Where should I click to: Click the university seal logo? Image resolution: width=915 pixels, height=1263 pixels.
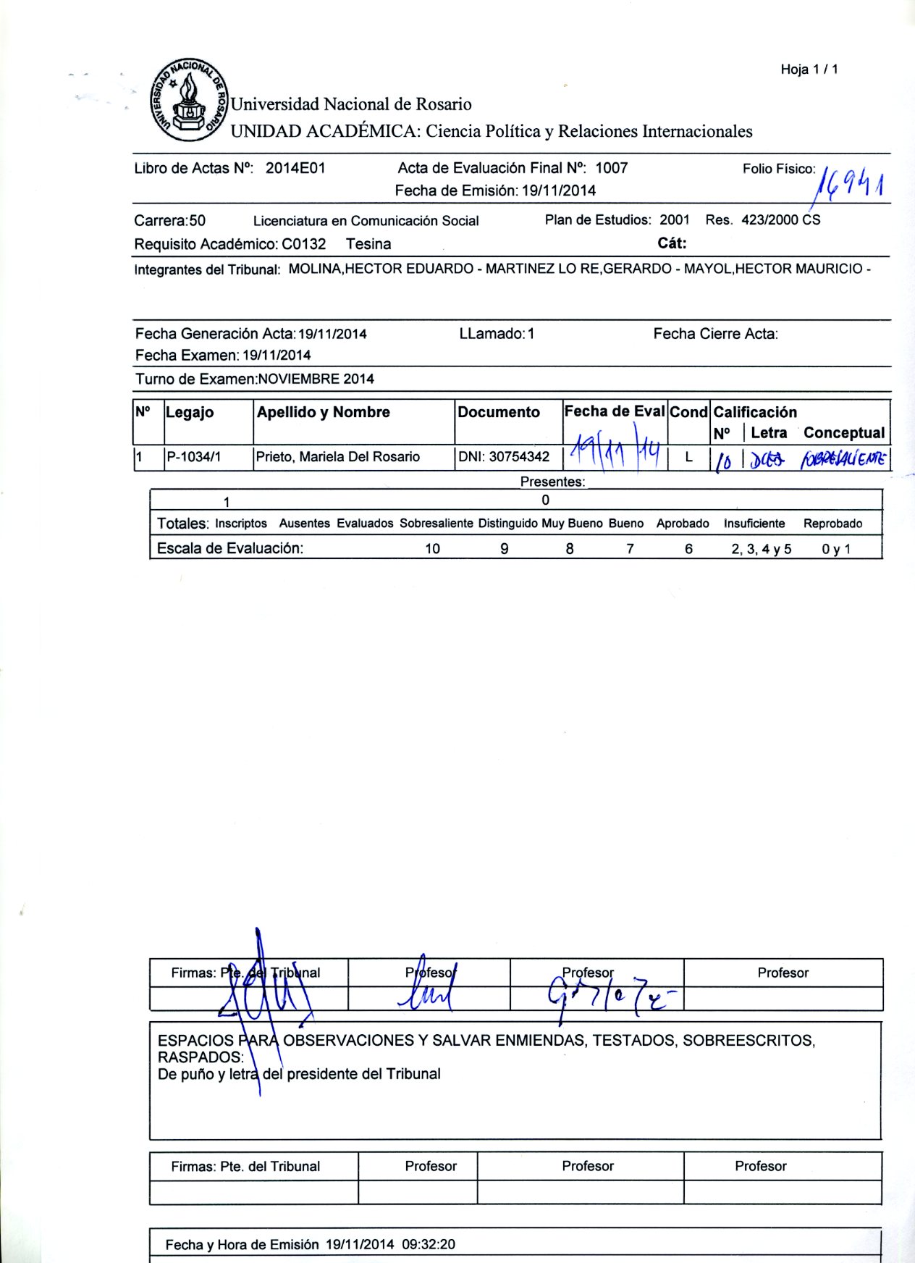[190, 100]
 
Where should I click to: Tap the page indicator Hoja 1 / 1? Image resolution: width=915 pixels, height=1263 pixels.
[809, 70]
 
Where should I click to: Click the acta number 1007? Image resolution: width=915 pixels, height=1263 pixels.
[611, 168]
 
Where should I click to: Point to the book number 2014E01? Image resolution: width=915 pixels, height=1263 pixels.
[295, 168]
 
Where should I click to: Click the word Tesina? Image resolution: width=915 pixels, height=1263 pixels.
[368, 244]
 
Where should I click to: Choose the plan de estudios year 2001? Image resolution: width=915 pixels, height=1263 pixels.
[675, 219]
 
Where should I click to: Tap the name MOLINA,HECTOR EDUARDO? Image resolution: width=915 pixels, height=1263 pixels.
[381, 269]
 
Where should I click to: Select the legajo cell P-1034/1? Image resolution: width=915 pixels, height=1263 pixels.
[194, 457]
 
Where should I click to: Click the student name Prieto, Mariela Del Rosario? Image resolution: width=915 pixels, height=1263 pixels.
[338, 457]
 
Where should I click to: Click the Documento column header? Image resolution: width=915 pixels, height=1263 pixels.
[499, 412]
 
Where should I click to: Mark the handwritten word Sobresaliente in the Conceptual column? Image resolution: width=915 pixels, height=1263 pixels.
[843, 458]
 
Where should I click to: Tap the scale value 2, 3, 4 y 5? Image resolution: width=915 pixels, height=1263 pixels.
[761, 549]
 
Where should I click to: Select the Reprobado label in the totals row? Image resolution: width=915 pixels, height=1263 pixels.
[832, 524]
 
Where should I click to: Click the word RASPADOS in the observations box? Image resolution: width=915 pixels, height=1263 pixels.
[201, 1057]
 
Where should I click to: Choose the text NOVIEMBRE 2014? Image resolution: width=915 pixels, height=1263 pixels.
[316, 379]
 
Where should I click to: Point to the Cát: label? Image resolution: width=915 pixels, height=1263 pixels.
[672, 243]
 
